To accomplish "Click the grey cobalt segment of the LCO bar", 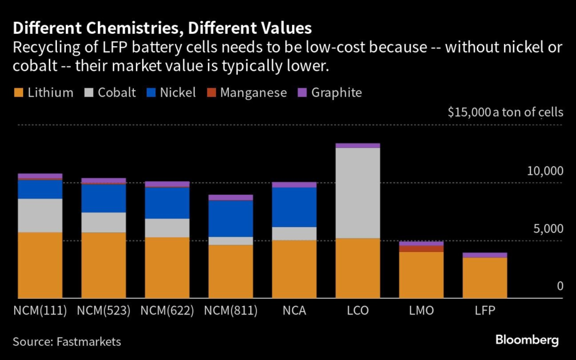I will tap(358, 192).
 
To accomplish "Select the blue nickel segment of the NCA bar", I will tap(294, 207).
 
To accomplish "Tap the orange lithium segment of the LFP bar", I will tap(485, 277).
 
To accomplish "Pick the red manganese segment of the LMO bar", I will tap(421, 249).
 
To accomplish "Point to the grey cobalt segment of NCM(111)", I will tap(40, 215).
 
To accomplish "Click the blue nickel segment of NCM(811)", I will tap(231, 218).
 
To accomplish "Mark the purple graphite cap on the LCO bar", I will tap(358, 146).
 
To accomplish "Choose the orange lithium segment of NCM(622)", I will tap(167, 267).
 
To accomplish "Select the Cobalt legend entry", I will tap(110, 93).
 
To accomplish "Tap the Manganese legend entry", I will tap(246, 93).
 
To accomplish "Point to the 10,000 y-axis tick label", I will tap(544, 171).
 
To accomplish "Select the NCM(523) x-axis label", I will tap(103, 310).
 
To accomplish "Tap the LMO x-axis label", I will tap(421, 310).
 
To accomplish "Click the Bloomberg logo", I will tap(527, 340).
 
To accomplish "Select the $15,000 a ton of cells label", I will tap(505, 112).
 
